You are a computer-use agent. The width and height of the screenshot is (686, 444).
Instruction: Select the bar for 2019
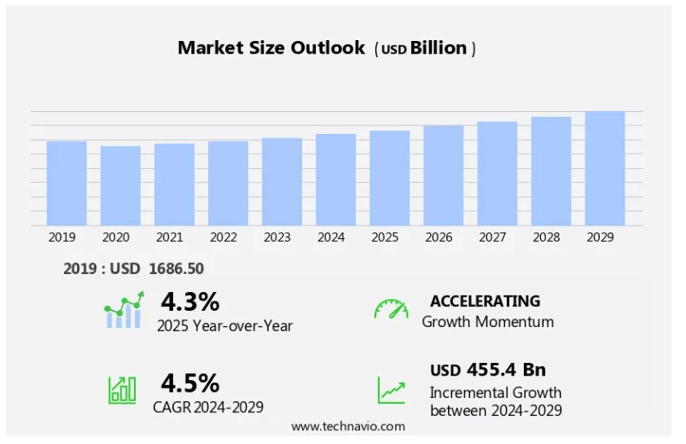coord(67,183)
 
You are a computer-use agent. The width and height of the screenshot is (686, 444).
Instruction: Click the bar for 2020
coord(120,185)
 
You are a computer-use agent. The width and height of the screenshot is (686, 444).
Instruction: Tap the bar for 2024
coord(335,179)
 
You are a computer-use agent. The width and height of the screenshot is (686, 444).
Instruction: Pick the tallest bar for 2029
coord(604,168)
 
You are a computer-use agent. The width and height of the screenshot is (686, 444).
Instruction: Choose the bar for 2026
coord(443,175)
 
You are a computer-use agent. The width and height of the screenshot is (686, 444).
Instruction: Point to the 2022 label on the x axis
coord(223,238)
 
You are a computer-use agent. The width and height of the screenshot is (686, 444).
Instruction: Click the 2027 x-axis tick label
coord(497,238)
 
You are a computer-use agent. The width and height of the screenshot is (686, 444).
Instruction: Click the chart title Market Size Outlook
coord(271,48)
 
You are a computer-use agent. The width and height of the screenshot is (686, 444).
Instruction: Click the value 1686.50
coord(176,269)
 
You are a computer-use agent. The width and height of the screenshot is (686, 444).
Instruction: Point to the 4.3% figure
coord(189,301)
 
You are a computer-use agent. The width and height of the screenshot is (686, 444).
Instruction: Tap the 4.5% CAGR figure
coord(189,382)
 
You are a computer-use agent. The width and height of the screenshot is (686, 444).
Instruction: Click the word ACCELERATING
coord(485,301)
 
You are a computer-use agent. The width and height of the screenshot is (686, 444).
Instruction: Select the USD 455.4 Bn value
coord(487,370)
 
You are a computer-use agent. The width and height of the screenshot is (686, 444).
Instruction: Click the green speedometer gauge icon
coord(391,309)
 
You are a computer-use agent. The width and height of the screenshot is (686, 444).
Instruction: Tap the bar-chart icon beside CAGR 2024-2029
coord(122,389)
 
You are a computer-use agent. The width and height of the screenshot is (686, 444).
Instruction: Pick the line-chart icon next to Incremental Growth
coord(392,390)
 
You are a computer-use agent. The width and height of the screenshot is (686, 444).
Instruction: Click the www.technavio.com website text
coord(348,425)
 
